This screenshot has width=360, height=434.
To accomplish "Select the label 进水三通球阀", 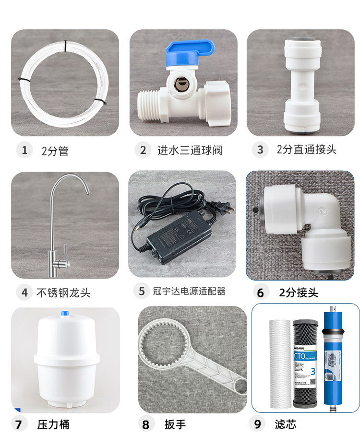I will pos(190,150).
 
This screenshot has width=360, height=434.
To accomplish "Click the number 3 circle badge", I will pos(260,150).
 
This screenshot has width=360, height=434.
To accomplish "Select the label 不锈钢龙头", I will pos(63,292).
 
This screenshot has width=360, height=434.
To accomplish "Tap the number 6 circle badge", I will pos(260,292).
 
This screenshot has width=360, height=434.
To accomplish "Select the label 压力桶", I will pos(53,424).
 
